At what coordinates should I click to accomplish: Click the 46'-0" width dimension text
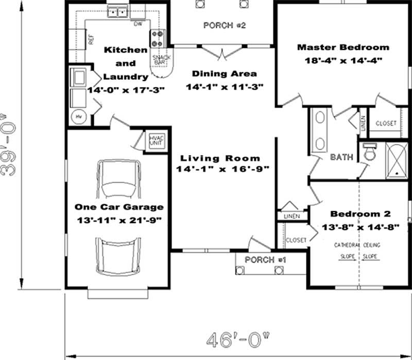pos(238,340)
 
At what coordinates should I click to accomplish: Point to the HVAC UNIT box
pos(156,141)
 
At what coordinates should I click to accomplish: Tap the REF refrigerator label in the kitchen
pos(91,40)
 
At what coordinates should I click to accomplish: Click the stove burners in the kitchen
pos(157,37)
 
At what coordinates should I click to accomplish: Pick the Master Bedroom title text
pos(343,47)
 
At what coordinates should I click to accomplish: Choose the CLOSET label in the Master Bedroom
pos(386,124)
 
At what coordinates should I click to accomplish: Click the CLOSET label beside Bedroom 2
pos(296,241)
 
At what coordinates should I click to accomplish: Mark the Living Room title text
pos(221,158)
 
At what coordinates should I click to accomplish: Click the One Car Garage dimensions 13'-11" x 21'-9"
pos(119,220)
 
